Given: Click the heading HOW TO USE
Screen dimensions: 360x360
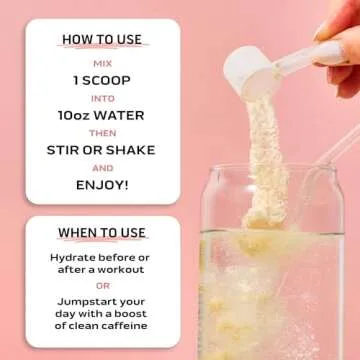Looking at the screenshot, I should [103, 40].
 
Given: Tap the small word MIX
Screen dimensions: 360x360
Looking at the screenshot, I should [103, 60].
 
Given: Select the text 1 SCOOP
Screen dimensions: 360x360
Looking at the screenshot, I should [103, 79].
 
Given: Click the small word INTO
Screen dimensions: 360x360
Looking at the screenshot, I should [103, 98].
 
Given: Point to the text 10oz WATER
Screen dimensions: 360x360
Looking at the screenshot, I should [103, 115].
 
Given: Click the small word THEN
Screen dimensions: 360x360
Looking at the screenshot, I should [103, 133].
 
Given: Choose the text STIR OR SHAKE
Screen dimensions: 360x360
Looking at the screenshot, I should [103, 151].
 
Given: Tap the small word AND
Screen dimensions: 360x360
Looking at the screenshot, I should [103, 169].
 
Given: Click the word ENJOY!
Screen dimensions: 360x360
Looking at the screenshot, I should [103, 186].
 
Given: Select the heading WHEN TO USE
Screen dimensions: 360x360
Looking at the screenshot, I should [103, 233].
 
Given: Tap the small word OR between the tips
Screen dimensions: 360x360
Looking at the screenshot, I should [103, 287].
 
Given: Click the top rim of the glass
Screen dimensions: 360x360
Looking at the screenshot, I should [270, 166].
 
